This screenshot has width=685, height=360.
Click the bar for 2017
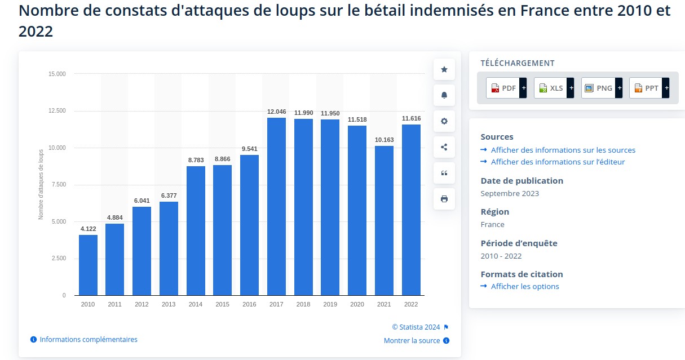click(276, 206)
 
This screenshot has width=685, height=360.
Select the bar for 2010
click(88, 265)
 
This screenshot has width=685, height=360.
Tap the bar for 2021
click(384, 220)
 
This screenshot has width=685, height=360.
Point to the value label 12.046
click(276, 112)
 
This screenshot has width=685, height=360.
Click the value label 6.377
click(169, 196)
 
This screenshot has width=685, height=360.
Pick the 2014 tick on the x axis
click(196, 304)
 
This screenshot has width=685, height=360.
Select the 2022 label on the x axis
click(411, 304)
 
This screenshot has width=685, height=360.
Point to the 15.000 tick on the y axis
click(56, 74)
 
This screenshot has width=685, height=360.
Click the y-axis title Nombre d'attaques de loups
click(41, 185)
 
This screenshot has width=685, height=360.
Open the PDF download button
click(503, 88)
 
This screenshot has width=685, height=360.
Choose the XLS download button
click(550, 88)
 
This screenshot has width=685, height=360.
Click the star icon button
click(444, 69)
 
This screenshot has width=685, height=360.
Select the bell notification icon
click(444, 95)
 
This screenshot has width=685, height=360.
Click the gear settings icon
click(444, 121)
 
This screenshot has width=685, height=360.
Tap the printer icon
click(444, 199)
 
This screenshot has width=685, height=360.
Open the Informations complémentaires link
click(88, 340)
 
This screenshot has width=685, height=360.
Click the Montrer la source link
click(412, 341)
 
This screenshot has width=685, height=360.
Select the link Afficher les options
click(524, 286)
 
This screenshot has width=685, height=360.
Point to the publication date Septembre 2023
click(510, 193)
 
